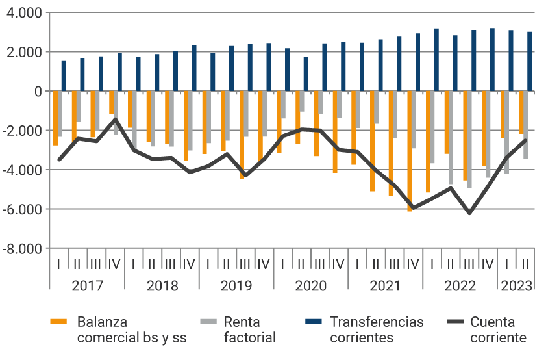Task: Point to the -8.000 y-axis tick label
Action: pos(21,248)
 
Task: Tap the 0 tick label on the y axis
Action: pos(38,92)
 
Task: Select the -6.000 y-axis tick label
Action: pos(21,209)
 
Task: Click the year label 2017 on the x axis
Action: pos(87,285)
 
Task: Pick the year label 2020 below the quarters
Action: pos(310,285)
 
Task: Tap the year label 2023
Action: pos(516,285)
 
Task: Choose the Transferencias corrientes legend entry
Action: pos(377,329)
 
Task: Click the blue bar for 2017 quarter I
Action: pos(64,76)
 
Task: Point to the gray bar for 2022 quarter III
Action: pos(469,140)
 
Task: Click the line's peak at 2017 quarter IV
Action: pos(115,119)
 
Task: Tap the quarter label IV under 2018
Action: pos(189,264)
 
